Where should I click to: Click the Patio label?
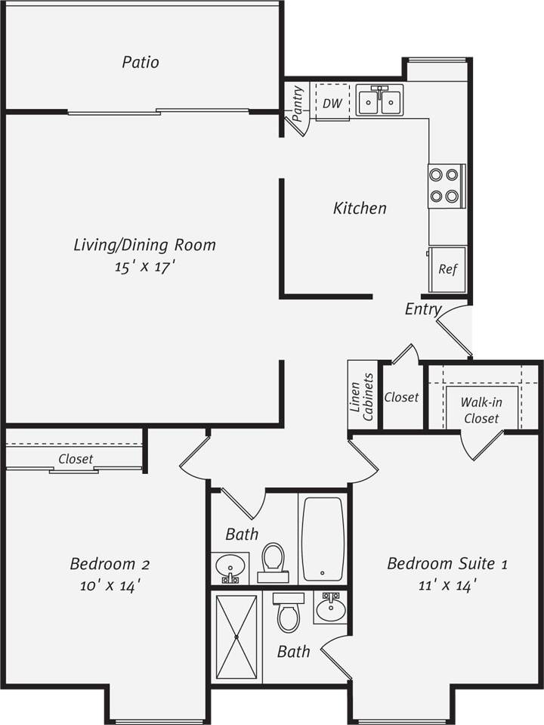point(141,62)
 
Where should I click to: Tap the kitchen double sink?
point(379,100)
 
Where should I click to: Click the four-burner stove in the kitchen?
point(444,186)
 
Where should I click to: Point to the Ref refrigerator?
point(447,269)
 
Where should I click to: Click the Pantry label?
point(297,104)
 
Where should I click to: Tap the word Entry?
point(422,308)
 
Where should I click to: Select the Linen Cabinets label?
point(362,396)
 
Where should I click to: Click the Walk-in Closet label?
point(481,411)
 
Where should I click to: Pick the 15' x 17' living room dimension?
point(144,267)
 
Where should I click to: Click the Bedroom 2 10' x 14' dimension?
point(110,586)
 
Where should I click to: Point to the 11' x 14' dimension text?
point(447,585)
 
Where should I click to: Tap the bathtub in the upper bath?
point(323,538)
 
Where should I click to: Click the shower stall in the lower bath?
point(236,637)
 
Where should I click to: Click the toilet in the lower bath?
point(289,612)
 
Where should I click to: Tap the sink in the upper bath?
point(230,565)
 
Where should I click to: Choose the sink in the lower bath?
point(330,607)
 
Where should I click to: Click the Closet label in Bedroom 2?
point(76,459)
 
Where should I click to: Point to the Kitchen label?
point(360,208)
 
